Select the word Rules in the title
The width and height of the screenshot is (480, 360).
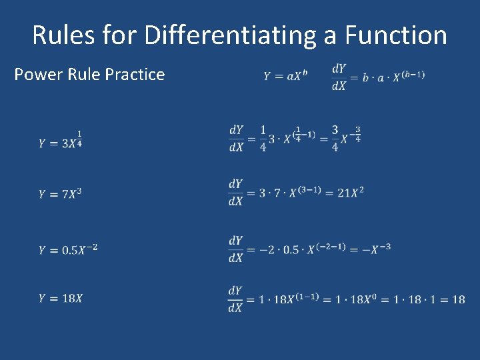point(64,35)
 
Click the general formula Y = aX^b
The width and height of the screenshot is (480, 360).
point(285,76)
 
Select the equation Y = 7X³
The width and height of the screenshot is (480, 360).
point(61,194)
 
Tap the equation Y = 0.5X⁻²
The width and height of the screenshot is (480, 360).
point(68,249)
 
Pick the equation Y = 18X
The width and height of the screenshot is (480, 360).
point(61,298)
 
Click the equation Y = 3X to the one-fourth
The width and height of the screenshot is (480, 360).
point(61,141)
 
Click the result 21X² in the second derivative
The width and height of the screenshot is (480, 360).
point(351,193)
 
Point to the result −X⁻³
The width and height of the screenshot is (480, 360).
point(375,249)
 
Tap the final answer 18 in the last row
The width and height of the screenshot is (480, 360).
point(458,299)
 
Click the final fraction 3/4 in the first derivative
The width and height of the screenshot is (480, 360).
point(335,138)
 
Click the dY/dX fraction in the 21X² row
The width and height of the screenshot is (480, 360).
point(235,192)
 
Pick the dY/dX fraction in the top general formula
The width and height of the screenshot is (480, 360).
point(339,77)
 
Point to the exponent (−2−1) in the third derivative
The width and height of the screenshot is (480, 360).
point(331,246)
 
